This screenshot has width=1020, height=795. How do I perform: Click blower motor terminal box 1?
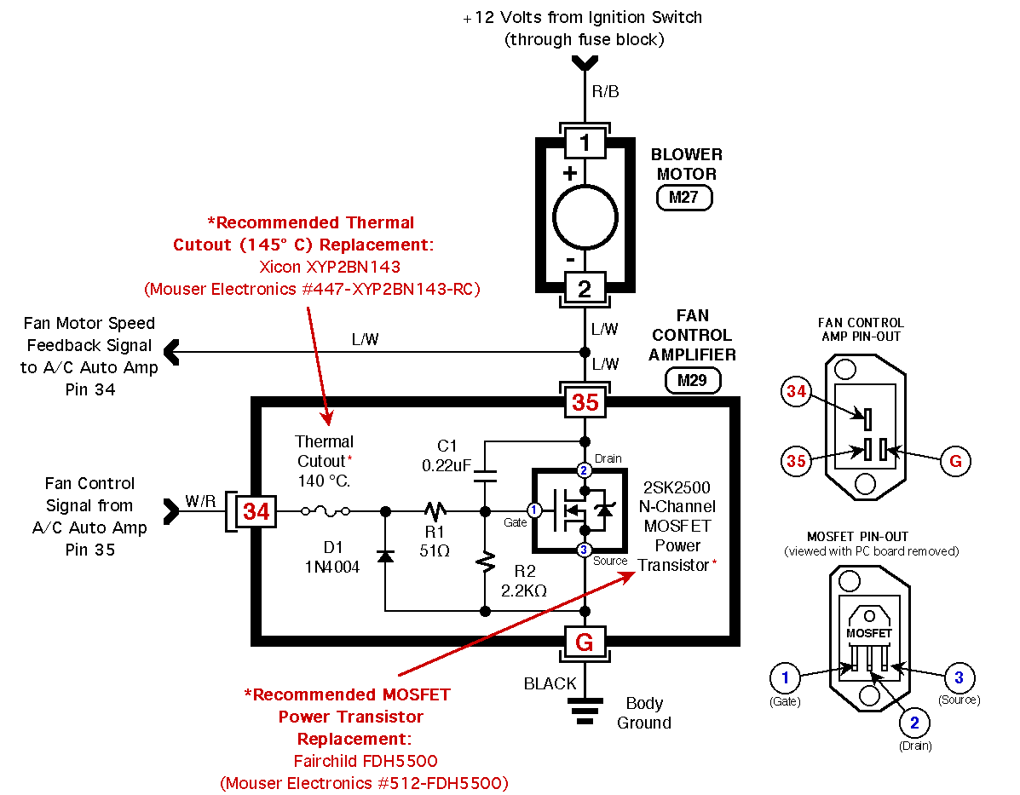585,142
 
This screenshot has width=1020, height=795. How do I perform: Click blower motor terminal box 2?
585,288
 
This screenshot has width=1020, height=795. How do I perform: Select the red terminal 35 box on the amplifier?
585,402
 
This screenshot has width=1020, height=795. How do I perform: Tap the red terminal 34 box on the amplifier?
256,511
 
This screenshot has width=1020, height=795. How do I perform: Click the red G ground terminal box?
585,642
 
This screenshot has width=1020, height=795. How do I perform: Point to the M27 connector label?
684,197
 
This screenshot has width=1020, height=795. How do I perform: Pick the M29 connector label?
693,381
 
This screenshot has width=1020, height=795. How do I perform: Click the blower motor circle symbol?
585,217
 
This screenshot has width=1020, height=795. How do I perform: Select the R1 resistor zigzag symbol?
435,511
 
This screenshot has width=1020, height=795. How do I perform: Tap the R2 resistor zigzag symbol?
485,563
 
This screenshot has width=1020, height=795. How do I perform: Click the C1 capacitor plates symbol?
485,476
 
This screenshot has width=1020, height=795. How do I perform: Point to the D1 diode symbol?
385,556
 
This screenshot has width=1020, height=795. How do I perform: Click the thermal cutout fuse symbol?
326,511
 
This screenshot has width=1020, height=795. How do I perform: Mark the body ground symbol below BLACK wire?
585,711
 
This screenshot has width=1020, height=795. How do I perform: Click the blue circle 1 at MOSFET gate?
534,510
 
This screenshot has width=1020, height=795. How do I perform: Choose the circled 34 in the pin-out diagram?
796,392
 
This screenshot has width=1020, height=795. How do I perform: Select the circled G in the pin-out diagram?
955,461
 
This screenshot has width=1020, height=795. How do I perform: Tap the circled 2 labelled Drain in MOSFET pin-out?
914,723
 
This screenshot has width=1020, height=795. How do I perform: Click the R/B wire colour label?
605,92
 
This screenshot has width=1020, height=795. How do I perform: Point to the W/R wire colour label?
200,501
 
